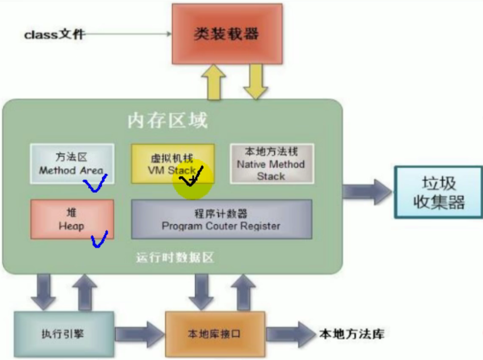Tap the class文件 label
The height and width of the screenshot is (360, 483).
click(55, 34)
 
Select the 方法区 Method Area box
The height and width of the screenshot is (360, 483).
click(72, 163)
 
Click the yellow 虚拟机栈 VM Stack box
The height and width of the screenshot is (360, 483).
click(172, 162)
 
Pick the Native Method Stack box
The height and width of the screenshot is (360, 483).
click(270, 163)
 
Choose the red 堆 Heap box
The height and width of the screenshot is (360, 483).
click(72, 218)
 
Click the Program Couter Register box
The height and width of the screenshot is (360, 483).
click(221, 219)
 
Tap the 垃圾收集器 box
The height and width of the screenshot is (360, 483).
click(438, 192)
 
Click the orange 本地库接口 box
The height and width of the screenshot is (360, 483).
click(214, 334)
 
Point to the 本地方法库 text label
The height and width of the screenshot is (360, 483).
click(351, 333)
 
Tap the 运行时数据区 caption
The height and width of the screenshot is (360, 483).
click(174, 258)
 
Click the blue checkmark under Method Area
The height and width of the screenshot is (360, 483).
click(94, 184)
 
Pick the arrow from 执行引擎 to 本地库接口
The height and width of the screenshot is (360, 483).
click(139, 334)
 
